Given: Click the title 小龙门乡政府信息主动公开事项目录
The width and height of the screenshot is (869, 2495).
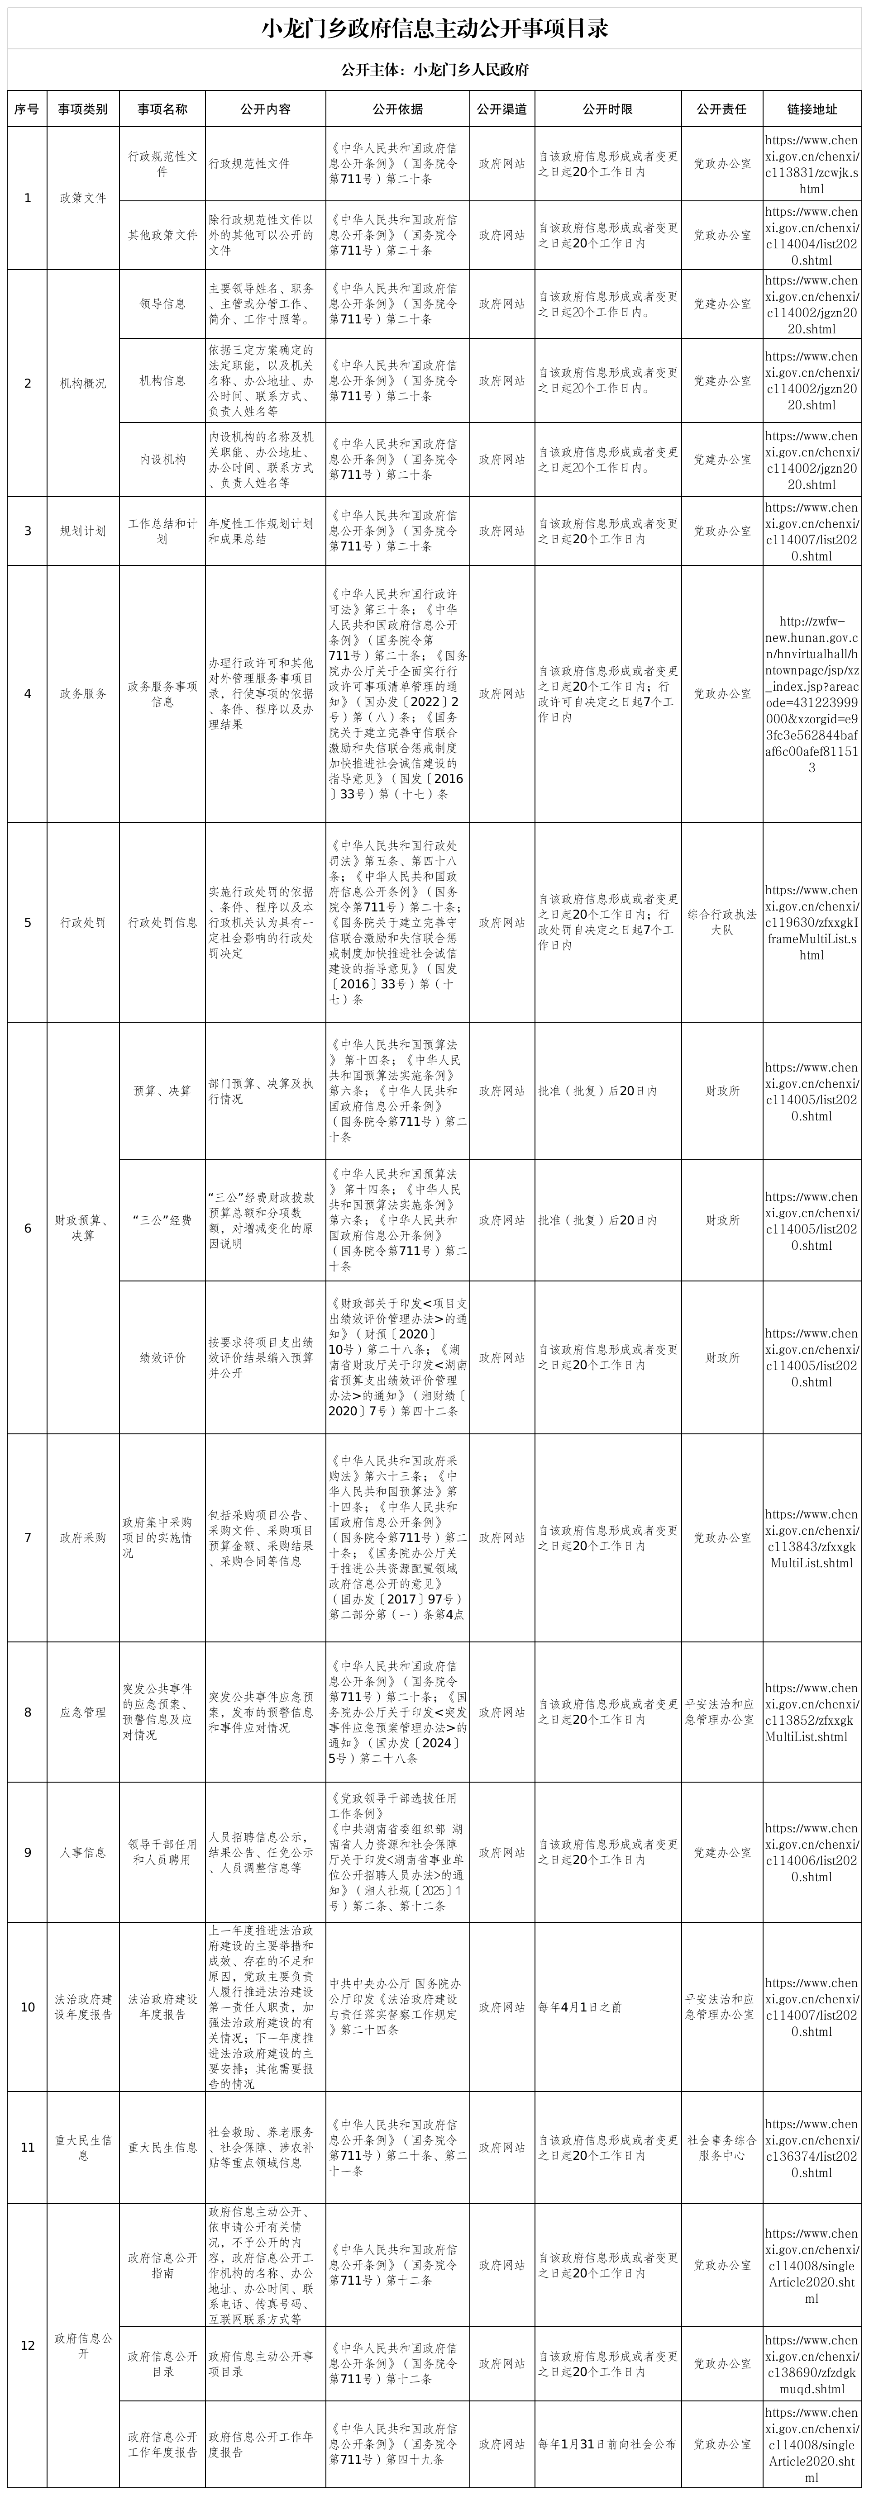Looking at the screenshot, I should pyautogui.click(x=434, y=29).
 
